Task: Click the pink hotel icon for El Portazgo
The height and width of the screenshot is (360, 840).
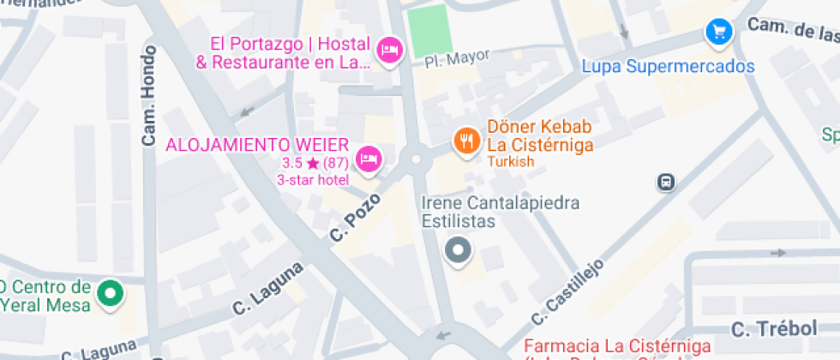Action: [x=390, y=51]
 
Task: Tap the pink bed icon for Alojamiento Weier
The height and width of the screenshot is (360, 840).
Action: [x=369, y=159]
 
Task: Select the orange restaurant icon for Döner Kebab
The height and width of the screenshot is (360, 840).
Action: [x=465, y=140]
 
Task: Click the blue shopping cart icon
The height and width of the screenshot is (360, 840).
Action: [x=718, y=33]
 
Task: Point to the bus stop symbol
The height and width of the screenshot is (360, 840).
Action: [x=666, y=182]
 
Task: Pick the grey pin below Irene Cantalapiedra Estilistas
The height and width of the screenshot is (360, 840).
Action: [x=459, y=250]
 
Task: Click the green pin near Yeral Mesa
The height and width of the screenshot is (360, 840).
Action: [x=110, y=294]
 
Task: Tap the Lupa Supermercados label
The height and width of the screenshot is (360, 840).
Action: [x=668, y=66]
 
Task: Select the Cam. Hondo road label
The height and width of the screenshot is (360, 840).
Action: [x=148, y=102]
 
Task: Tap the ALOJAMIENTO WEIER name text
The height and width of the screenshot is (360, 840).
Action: [x=257, y=143]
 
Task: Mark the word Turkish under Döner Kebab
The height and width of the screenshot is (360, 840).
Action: [x=511, y=162]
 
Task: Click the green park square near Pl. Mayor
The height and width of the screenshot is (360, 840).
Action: [x=429, y=30]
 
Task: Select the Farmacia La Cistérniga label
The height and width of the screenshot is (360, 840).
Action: [x=617, y=346]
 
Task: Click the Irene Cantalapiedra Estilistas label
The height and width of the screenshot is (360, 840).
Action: [x=501, y=212]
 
